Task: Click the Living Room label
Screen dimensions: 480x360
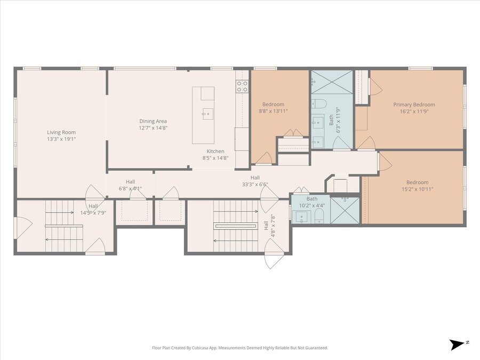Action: coord(61,132)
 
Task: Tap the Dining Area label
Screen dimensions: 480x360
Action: coord(153,121)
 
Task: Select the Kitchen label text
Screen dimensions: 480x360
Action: coord(215,151)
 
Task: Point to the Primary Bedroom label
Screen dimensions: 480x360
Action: coord(414,105)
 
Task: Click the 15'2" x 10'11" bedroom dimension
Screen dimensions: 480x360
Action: coord(417,189)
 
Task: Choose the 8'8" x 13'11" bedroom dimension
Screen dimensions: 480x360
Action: coord(274,111)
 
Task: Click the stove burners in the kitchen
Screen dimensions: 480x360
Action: coord(242,86)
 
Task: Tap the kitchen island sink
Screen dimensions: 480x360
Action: coord(207,114)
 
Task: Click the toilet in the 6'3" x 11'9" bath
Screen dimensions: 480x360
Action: coord(318,104)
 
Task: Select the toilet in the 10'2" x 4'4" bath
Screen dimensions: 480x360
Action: coord(319,217)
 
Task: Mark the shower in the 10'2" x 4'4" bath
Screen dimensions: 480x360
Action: coord(345,210)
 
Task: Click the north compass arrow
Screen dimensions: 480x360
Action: coord(457,345)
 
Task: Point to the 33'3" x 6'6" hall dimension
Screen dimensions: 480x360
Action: coord(255,185)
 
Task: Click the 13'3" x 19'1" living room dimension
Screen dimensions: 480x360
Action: coord(61,139)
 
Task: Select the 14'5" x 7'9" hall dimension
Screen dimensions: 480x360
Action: coord(93,213)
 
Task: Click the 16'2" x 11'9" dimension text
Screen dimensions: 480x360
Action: coord(414,111)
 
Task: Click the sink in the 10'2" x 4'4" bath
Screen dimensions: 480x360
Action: coord(301,217)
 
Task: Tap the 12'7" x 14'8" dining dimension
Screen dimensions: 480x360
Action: coord(153,128)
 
